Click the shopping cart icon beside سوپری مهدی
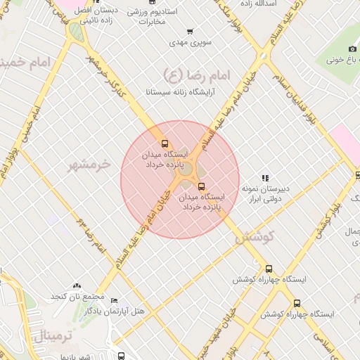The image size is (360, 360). pos(190,32)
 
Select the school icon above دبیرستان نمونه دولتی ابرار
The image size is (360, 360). pos(265,178)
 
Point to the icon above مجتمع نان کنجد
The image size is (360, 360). pos(76,287)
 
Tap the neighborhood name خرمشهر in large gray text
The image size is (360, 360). pos(89,165)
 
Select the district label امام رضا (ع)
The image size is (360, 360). pos(182,74)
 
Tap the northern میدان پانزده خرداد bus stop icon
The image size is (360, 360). pos(165,144)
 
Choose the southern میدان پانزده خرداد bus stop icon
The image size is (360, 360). pos(202,186)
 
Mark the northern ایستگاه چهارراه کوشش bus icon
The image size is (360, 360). pos(269,269)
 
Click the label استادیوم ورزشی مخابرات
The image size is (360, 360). pos(155,17)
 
